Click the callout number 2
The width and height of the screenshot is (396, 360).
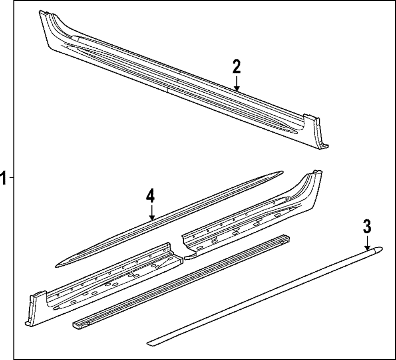pos(237,67)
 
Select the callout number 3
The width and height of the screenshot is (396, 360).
pos(367,227)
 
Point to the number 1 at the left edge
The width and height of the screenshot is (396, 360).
pos(3,177)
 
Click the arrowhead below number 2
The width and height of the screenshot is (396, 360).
pos(237,88)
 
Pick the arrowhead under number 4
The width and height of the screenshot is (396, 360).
pos(152,217)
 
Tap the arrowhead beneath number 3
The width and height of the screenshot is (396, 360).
pos(367,248)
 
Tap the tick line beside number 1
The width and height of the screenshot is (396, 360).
pos(11,178)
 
